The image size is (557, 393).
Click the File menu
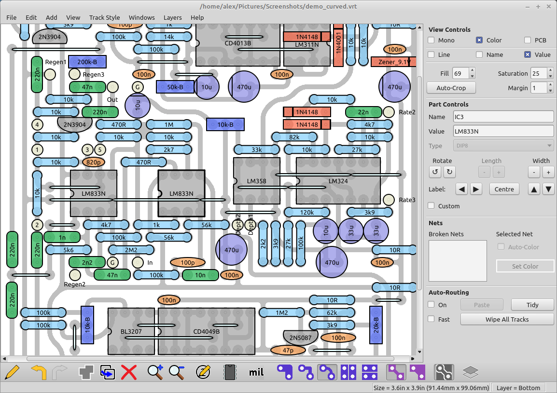click(x=12, y=17)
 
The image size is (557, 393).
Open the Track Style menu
click(x=104, y=17)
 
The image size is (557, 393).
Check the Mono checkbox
click(x=432, y=41)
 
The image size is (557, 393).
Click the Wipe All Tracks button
click(x=507, y=319)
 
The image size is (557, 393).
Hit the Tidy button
click(x=532, y=305)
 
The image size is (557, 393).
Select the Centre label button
click(x=504, y=189)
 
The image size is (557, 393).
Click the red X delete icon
click(x=129, y=372)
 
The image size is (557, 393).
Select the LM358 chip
click(x=256, y=180)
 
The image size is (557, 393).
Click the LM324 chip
click(x=338, y=180)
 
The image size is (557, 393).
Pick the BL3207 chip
click(x=131, y=331)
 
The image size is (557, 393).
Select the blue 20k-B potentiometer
click(x=376, y=325)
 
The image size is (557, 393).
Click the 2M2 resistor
click(x=131, y=250)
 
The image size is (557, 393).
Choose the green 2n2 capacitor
click(x=87, y=262)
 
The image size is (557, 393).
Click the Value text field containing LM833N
click(x=503, y=131)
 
